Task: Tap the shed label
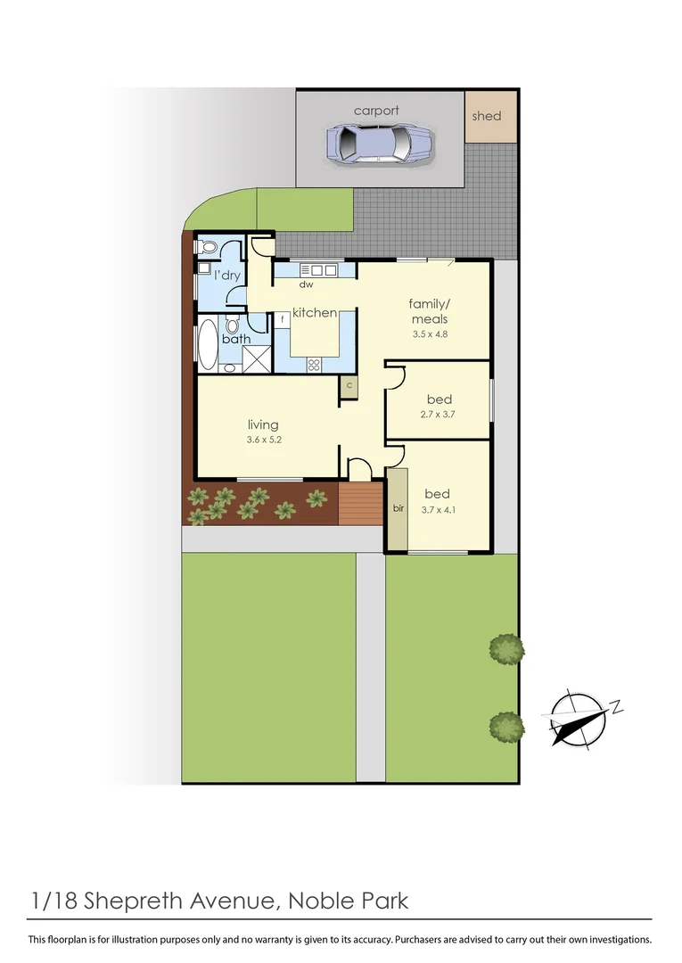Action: coord(486,116)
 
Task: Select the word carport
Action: coord(376,111)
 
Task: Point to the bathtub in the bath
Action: coord(206,344)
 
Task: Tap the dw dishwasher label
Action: coord(306,285)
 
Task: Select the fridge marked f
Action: coord(283,318)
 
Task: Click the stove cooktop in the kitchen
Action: coord(315,363)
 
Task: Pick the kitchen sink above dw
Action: coord(318,269)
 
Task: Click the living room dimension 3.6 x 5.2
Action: coord(263,440)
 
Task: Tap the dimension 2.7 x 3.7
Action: coord(438,415)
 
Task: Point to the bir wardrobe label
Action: coord(398,509)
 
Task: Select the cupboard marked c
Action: coord(349,386)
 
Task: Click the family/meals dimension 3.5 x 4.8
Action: coord(430,335)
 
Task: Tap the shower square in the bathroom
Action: coord(256,358)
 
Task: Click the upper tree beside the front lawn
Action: coord(506,647)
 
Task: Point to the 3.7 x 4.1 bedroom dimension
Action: coord(437,510)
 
